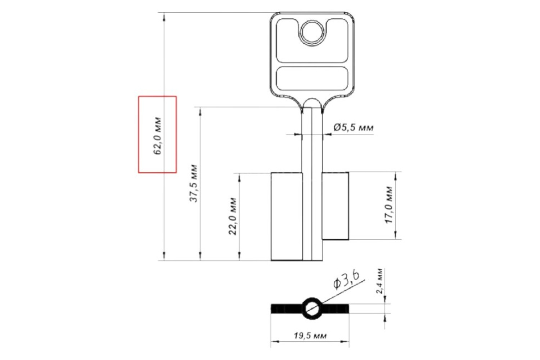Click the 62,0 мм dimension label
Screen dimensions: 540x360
click(x=157, y=136)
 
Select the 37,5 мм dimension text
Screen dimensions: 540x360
click(x=193, y=183)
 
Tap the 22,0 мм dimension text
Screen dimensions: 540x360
click(x=233, y=216)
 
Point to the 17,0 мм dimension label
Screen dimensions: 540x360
click(x=389, y=205)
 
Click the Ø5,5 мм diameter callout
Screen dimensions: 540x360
click(x=354, y=127)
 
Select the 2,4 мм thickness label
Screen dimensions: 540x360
click(x=379, y=281)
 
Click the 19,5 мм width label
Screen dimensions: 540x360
click(x=310, y=336)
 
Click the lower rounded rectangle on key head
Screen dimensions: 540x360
click(x=312, y=78)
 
